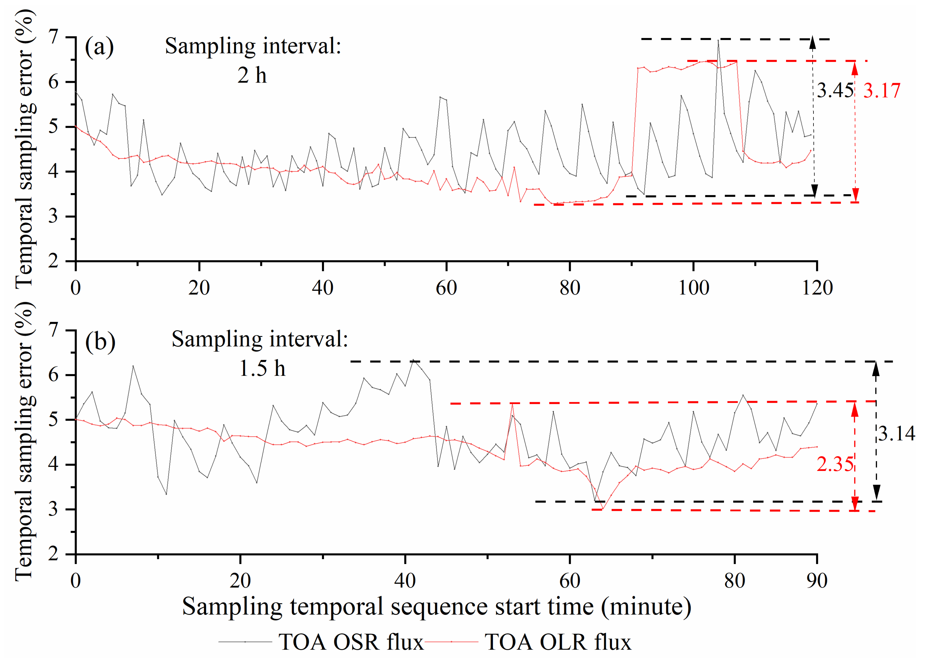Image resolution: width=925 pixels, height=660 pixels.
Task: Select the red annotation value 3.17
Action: pos(882,91)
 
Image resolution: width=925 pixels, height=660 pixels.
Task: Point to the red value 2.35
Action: pos(835,464)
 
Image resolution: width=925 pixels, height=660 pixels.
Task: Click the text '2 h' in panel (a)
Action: pos(252,76)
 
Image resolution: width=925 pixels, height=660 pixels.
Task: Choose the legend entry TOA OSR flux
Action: pos(351,642)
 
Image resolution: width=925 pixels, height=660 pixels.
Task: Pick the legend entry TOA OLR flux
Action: pos(557,642)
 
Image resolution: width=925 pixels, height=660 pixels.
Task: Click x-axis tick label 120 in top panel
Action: pos(817,288)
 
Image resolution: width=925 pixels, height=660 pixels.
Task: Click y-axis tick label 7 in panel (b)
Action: pos(53,330)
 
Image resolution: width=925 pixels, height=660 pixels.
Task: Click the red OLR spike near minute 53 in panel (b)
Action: pos(512,404)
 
